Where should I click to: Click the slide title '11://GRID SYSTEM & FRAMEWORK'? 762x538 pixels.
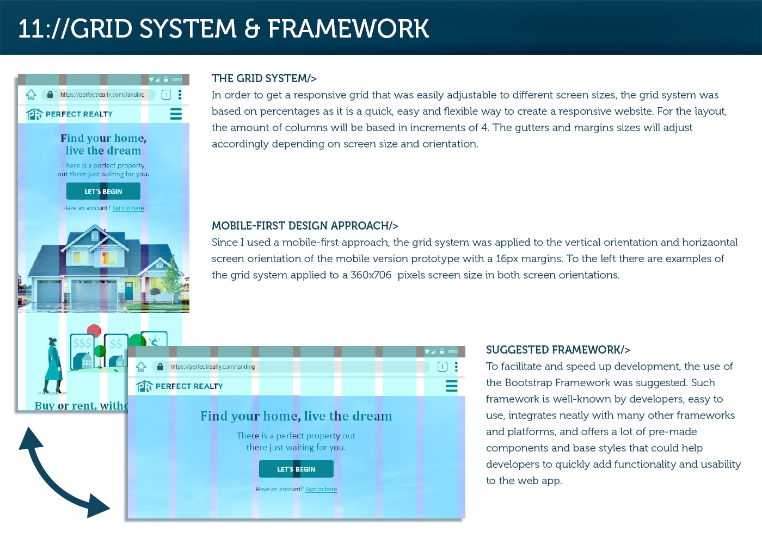pyautogui.click(x=223, y=29)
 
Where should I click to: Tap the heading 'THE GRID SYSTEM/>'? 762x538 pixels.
pyautogui.click(x=264, y=78)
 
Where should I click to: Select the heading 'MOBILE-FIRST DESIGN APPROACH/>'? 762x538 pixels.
pyautogui.click(x=305, y=226)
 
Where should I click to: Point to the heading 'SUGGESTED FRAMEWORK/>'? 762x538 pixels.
pyautogui.click(x=558, y=350)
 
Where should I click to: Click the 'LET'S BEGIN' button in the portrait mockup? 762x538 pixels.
pyautogui.click(x=103, y=191)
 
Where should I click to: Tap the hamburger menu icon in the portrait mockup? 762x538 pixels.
pyautogui.click(x=176, y=114)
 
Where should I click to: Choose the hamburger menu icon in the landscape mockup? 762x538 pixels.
pyautogui.click(x=451, y=386)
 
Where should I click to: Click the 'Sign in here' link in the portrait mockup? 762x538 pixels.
pyautogui.click(x=128, y=208)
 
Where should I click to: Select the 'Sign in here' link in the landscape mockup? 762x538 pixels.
pyautogui.click(x=321, y=490)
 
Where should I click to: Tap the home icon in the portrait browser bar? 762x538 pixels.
pyautogui.click(x=31, y=95)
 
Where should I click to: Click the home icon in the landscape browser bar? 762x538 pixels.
pyautogui.click(x=141, y=367)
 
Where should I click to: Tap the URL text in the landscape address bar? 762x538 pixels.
pyautogui.click(x=212, y=367)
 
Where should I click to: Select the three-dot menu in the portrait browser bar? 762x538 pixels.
pyautogui.click(x=180, y=95)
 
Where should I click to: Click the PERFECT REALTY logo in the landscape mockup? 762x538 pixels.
pyautogui.click(x=180, y=386)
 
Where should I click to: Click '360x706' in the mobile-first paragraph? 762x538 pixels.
pyautogui.click(x=371, y=275)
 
